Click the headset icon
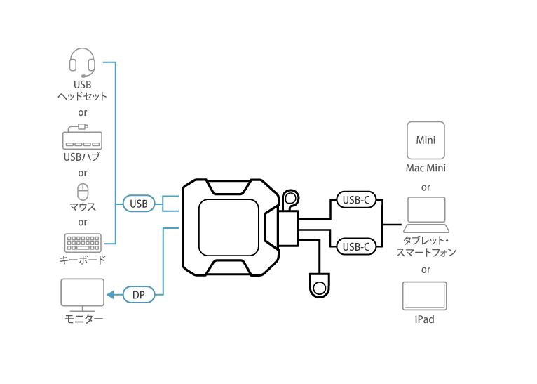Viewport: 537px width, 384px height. pyautogui.click(x=82, y=61)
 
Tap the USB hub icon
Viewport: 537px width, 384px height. pyautogui.click(x=82, y=137)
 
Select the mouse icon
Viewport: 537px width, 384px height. pyautogui.click(x=82, y=191)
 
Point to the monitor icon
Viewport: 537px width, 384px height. pyautogui.click(x=82, y=295)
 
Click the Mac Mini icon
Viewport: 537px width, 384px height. pyautogui.click(x=426, y=140)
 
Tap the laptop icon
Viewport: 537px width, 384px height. pyautogui.click(x=426, y=215)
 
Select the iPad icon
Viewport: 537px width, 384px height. pyautogui.click(x=424, y=296)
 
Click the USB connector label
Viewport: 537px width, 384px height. pyautogui.click(x=139, y=204)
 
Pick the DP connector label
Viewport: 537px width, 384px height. pyautogui.click(x=138, y=295)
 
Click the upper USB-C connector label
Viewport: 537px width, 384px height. pyautogui.click(x=357, y=200)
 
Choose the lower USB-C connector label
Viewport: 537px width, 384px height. pyautogui.click(x=357, y=246)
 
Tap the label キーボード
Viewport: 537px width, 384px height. pyautogui.click(x=83, y=260)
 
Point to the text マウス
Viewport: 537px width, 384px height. pyautogui.click(x=83, y=207)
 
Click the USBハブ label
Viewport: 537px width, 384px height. pyautogui.click(x=82, y=157)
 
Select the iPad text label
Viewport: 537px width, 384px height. pyautogui.click(x=424, y=319)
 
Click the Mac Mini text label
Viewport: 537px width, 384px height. pyautogui.click(x=426, y=168)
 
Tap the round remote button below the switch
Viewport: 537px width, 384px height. pyautogui.click(x=320, y=287)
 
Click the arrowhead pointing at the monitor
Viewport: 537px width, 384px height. pyautogui.click(x=109, y=295)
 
